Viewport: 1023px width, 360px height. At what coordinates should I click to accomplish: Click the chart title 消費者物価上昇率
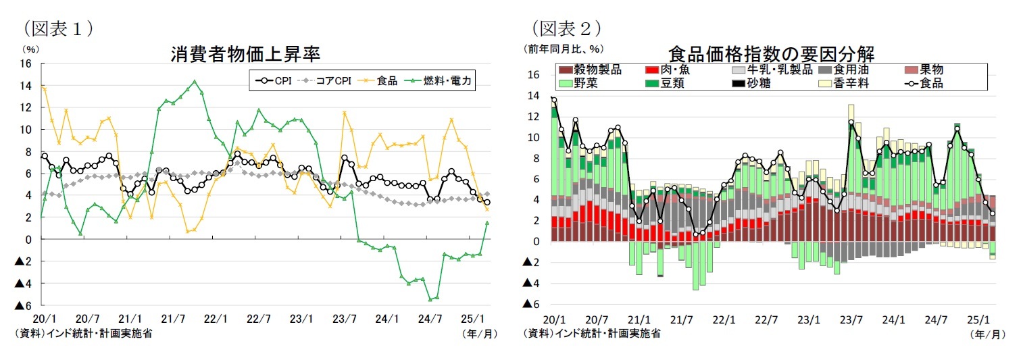[245, 54]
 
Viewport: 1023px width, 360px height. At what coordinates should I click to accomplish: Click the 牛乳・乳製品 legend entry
[771, 70]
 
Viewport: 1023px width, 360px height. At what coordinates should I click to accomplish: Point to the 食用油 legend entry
[856, 70]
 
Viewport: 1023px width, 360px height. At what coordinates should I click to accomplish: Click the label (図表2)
[566, 28]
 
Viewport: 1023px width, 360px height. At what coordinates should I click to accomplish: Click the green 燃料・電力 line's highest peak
[194, 82]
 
